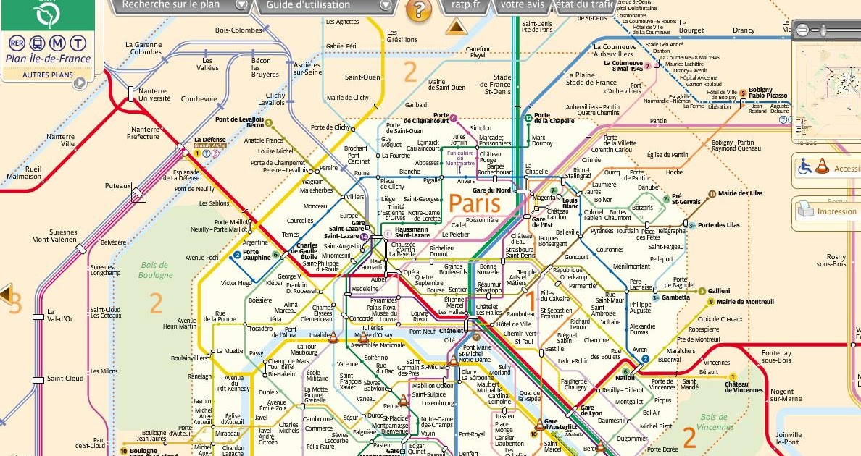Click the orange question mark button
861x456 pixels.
418,9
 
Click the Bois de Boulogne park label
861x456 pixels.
156,270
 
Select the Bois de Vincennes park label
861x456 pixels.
714,421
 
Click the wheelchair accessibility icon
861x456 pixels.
804,166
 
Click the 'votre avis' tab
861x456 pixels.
523,5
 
